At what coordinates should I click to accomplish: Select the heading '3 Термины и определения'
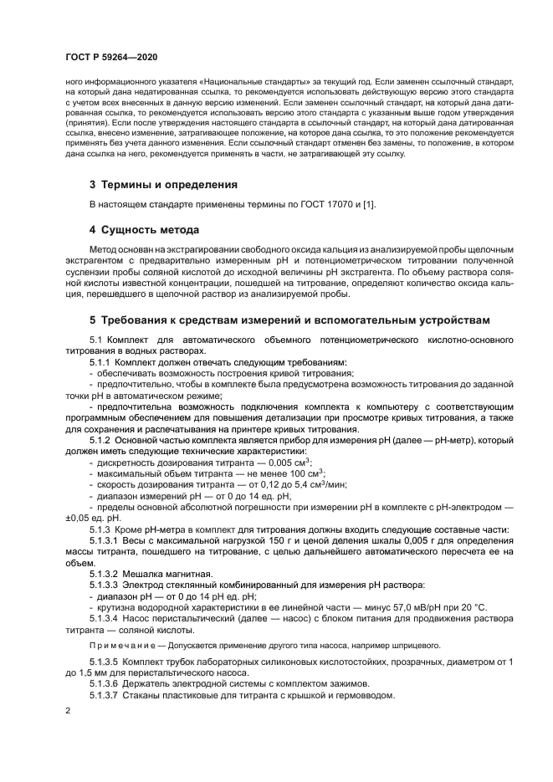pos(163,184)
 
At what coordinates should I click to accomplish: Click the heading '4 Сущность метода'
pos(144,229)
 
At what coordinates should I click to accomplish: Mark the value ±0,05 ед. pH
pos(86,518)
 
